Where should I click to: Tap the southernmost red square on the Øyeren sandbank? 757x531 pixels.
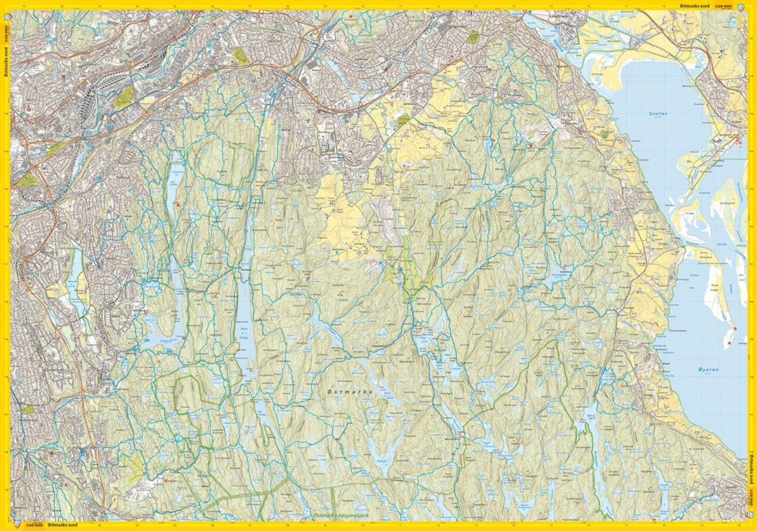[729, 344]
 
